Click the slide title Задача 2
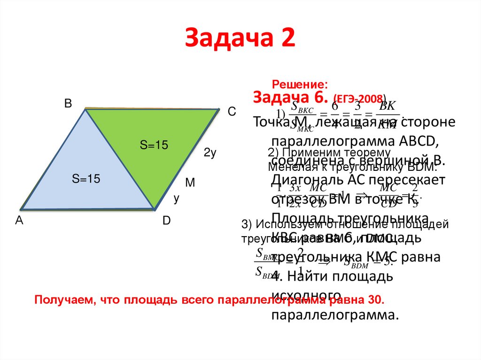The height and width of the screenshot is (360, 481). pyautogui.click(x=240, y=38)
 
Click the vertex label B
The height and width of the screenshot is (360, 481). pyautogui.click(x=68, y=104)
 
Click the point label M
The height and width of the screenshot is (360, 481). pyautogui.click(x=190, y=183)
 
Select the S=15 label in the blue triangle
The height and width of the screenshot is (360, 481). pyautogui.click(x=86, y=178)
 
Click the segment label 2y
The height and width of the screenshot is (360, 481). pyautogui.click(x=209, y=153)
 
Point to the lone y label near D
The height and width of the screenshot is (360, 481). pyautogui.click(x=177, y=199)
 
